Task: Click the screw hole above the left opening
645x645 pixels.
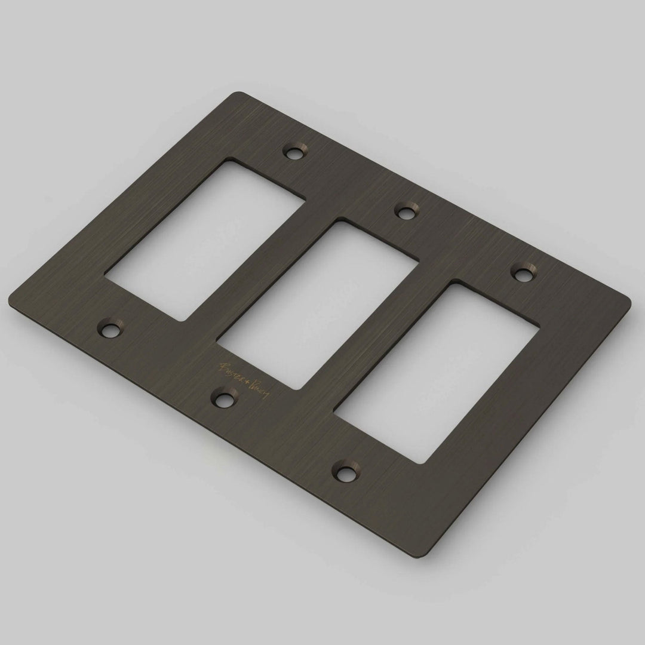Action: click(294, 152)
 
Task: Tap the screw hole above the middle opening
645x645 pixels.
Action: click(408, 211)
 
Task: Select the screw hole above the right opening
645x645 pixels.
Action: click(523, 274)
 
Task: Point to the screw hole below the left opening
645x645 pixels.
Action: click(110, 328)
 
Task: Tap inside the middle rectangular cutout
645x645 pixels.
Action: click(317, 305)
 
